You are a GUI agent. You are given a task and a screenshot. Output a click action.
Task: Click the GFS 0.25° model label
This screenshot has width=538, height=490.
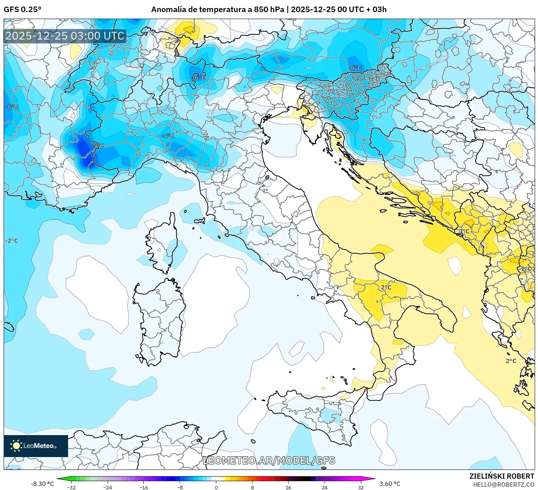pos(22,10)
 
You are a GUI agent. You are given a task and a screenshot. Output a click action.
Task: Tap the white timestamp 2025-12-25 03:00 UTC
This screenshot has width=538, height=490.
pos(65,36)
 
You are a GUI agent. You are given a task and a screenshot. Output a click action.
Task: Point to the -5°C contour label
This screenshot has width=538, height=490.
pos(97,146)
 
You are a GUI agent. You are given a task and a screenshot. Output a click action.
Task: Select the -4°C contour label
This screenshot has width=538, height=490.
pos(168,136)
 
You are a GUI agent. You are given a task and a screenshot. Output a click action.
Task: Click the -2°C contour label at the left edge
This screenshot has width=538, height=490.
pos(11,241)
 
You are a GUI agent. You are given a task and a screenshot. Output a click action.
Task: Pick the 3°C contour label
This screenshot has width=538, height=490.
pos(464,231)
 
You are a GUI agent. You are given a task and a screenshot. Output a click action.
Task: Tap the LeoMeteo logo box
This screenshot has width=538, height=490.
pos(36,446)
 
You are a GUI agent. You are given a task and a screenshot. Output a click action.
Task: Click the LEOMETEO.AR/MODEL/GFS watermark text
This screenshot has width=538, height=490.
pos(269,460)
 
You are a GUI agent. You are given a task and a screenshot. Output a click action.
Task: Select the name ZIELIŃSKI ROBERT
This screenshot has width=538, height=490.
pos(502,476)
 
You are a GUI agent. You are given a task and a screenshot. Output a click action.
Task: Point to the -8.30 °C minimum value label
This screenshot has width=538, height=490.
pos(42,484)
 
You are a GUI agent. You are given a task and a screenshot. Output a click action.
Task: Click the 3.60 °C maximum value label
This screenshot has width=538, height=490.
pos(390,484)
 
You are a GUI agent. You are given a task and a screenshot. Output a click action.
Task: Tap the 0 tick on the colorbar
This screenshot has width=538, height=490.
pos(216,487)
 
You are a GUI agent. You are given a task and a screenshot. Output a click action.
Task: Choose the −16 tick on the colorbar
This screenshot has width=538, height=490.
pos(144,487)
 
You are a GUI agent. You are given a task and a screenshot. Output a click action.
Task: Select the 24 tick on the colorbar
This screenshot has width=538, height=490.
pos(325,487)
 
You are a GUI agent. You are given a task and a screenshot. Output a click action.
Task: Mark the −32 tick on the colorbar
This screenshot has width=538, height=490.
pos(71,487)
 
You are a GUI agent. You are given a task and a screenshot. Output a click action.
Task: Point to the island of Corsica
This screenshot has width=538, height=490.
pos(163,243)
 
